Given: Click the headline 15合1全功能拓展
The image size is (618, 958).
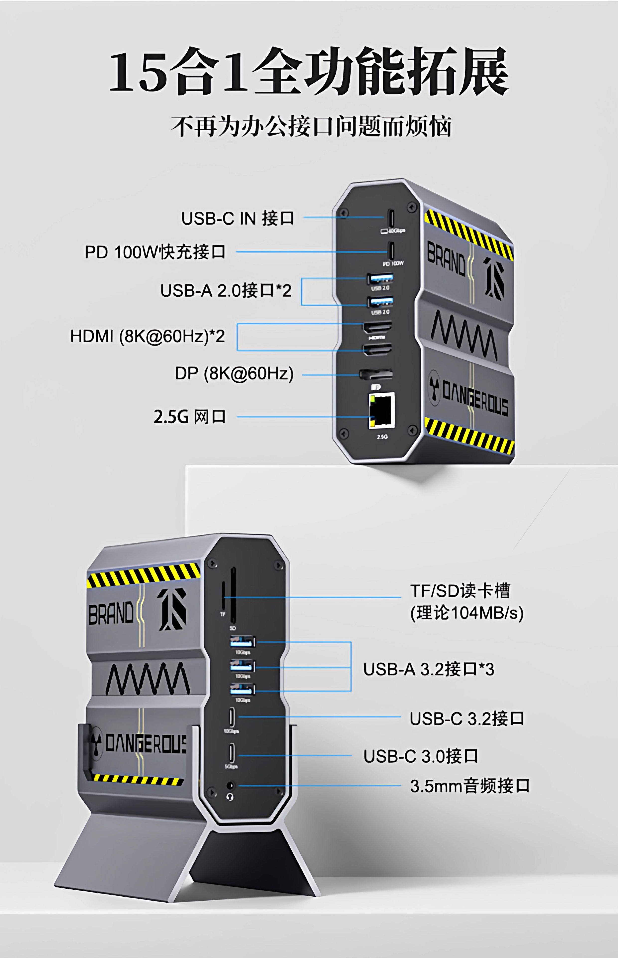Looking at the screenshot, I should pos(309,72).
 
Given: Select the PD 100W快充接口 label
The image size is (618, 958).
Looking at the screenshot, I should pos(155,252).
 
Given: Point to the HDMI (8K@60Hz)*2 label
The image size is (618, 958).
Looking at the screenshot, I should pos(148,336).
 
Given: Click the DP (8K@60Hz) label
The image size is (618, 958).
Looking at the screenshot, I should pos(234,374).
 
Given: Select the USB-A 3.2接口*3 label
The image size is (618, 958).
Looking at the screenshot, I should pos(429,669).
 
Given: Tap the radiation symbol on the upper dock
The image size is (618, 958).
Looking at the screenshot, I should pos(434,382).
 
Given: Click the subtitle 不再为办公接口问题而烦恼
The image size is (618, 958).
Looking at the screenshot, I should pos(311,126).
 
